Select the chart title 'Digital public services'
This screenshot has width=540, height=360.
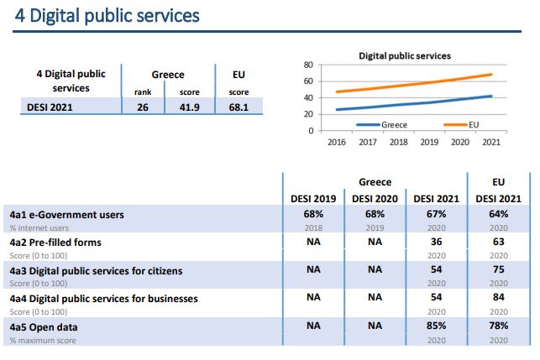pyautogui.click(x=405, y=55)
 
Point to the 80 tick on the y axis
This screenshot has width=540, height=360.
pyautogui.click(x=308, y=65)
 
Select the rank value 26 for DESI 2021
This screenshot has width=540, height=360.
pyautogui.click(x=142, y=107)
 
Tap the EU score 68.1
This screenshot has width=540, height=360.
pyautogui.click(x=238, y=107)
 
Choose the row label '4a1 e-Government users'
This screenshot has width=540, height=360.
pyautogui.click(x=66, y=215)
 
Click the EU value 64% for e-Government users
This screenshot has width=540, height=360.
pyautogui.click(x=498, y=215)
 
